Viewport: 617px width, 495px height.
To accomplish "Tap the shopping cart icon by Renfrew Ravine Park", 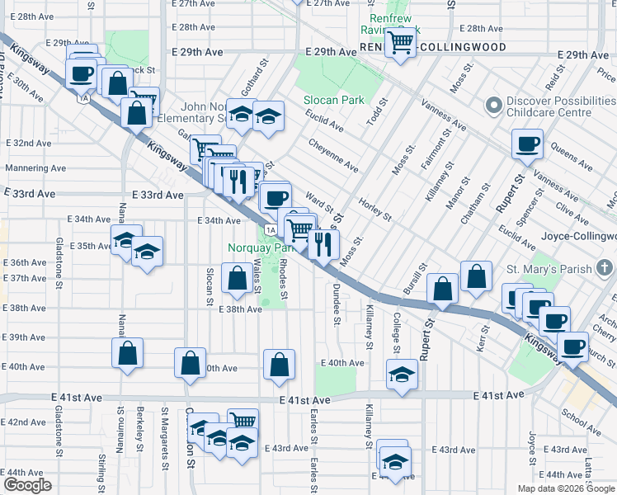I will (x=401, y=41).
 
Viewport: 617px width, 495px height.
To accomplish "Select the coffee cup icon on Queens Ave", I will (x=527, y=144).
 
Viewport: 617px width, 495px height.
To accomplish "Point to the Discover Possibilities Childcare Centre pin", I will (x=494, y=106).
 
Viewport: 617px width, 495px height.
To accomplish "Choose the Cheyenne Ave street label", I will (x=333, y=154).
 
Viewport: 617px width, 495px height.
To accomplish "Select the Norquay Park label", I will (x=261, y=247).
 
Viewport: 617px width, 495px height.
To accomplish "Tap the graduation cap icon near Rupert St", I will (x=402, y=375).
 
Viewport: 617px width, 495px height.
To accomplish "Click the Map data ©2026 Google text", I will (x=565, y=488).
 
